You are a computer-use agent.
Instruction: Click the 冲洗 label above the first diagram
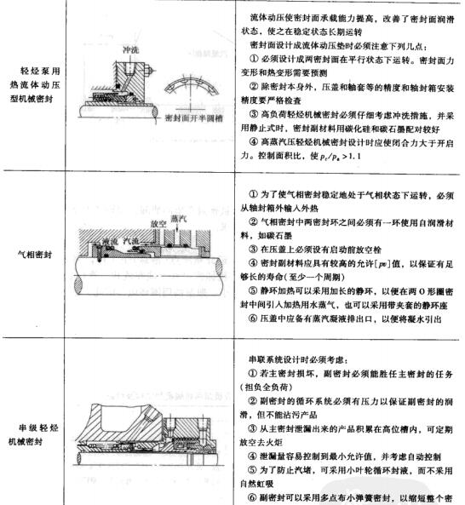click(x=129, y=48)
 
